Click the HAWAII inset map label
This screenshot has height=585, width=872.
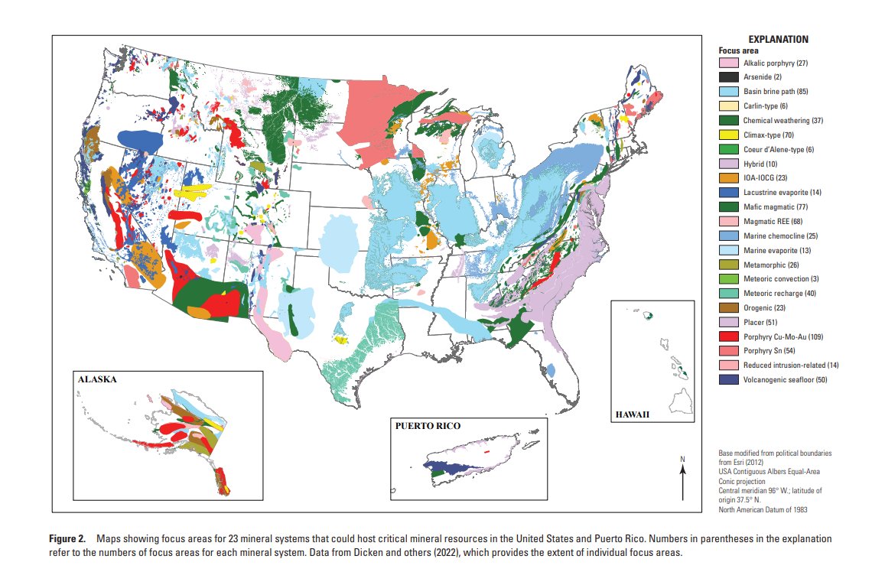[633, 414]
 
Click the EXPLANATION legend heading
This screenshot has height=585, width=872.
[778, 39]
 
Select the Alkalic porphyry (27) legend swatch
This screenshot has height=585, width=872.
[728, 63]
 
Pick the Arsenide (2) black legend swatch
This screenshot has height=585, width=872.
[728, 77]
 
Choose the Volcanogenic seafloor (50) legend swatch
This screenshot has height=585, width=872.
[728, 379]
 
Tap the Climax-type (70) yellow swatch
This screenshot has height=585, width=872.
[728, 135]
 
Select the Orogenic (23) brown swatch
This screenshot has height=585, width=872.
[728, 307]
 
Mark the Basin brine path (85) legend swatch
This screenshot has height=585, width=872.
[728, 92]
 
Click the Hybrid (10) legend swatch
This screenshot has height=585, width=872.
[728, 164]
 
